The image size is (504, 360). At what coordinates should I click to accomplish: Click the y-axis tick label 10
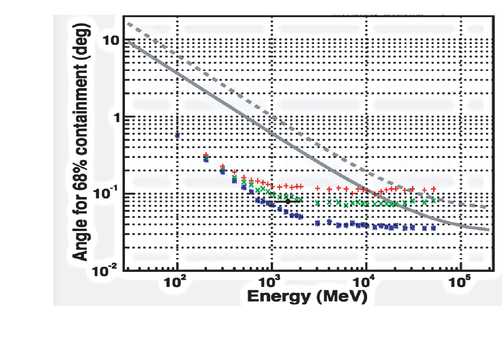click(110, 41)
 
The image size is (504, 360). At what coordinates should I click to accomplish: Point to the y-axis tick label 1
click(116, 118)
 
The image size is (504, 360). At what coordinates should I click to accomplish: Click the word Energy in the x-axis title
click(279, 297)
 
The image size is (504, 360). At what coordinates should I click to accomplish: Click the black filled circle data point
click(288, 202)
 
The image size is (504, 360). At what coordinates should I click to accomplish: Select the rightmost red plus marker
click(433, 189)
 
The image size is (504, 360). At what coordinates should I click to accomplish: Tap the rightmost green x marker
click(433, 201)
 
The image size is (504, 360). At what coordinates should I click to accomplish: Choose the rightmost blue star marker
click(433, 228)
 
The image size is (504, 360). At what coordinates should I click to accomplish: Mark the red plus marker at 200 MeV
click(206, 155)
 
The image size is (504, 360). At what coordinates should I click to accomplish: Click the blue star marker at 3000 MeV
click(317, 223)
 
